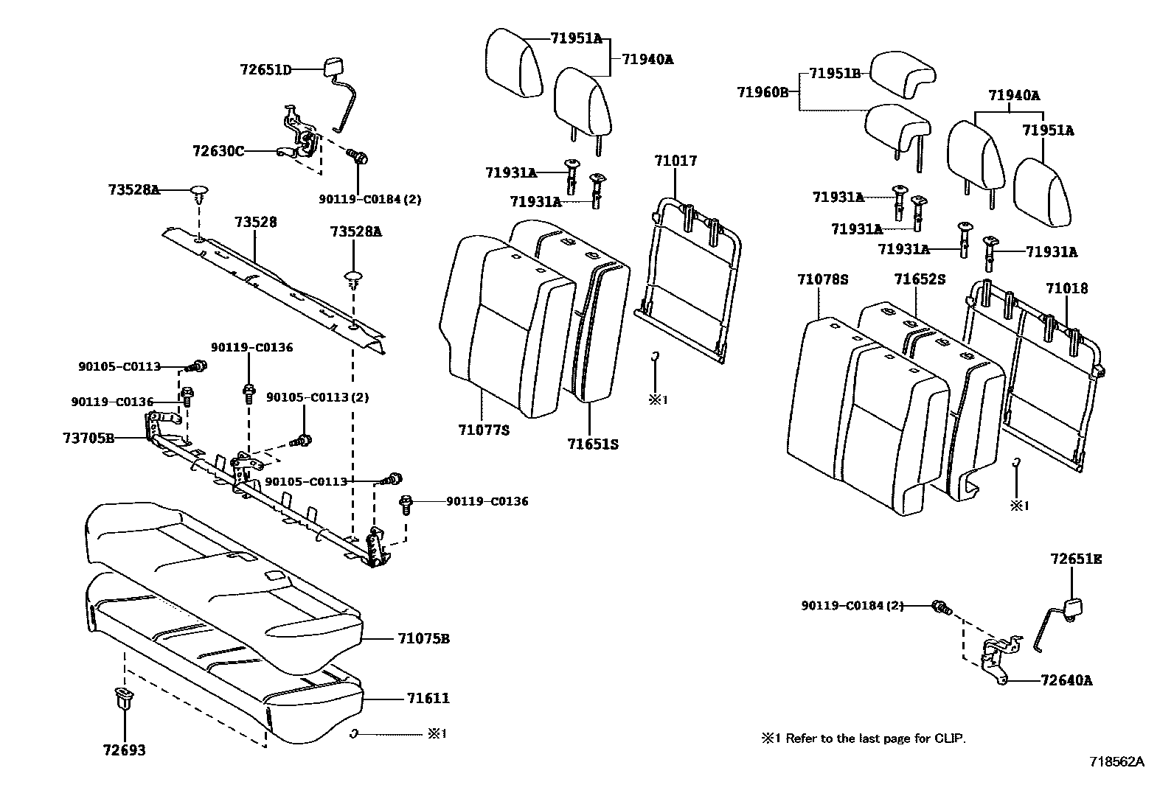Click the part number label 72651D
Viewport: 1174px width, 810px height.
pyautogui.click(x=265, y=70)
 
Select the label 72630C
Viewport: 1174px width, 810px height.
pyautogui.click(x=218, y=151)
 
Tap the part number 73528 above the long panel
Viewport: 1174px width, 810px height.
pyautogui.click(x=256, y=222)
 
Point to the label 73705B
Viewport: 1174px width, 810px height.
pyautogui.click(x=88, y=438)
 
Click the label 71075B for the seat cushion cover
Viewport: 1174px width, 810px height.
pyautogui.click(x=423, y=638)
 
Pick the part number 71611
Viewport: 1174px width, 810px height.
pyautogui.click(x=428, y=698)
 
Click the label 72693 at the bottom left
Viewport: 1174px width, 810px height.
pyautogui.click(x=124, y=750)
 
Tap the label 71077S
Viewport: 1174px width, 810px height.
pyautogui.click(x=483, y=430)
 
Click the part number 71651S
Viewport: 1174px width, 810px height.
pyautogui.click(x=592, y=444)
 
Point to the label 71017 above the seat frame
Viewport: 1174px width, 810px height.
pyautogui.click(x=675, y=161)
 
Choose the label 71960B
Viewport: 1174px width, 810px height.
pyautogui.click(x=763, y=92)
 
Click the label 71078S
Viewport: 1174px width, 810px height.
pyautogui.click(x=822, y=279)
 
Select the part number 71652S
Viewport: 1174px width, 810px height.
pyautogui.click(x=919, y=279)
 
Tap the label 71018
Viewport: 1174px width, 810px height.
pyautogui.click(x=1066, y=288)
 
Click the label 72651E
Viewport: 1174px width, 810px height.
pyautogui.click(x=1076, y=559)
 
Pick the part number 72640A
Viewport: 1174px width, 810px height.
pyautogui.click(x=1066, y=680)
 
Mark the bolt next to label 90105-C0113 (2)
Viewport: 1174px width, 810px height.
pyautogui.click(x=302, y=441)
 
